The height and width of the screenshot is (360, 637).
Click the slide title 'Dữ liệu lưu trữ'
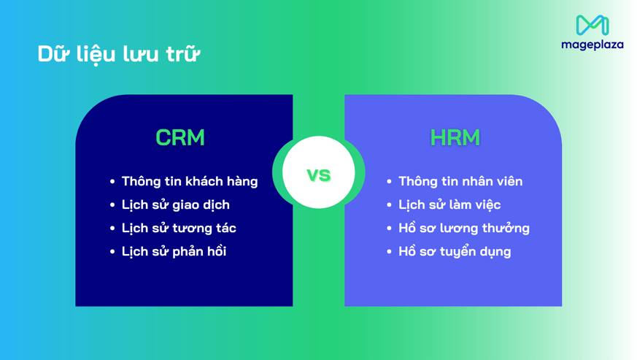118,54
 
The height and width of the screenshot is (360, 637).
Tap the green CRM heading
180,137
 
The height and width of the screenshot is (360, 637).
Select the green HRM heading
455,137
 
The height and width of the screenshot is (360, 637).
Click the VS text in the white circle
318,175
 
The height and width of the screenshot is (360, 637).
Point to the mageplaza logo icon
592,25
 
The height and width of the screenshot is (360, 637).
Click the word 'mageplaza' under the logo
592,45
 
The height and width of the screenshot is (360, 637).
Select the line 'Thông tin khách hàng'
190,181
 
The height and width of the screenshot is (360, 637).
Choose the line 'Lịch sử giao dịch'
175,204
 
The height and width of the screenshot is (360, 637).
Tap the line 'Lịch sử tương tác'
179,228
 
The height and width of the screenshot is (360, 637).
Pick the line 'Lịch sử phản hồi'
174,251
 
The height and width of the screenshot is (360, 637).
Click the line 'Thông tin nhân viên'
460,181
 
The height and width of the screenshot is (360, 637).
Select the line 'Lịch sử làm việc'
449,204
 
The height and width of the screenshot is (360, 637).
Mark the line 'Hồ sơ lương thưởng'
464,228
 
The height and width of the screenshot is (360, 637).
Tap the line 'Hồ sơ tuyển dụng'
455,251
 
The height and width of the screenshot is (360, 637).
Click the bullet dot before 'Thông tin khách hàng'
112,182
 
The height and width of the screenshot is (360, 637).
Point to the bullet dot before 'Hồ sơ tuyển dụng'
390,252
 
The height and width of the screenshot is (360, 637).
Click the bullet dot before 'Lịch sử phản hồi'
112,252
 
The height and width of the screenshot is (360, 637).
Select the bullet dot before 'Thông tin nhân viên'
390,182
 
